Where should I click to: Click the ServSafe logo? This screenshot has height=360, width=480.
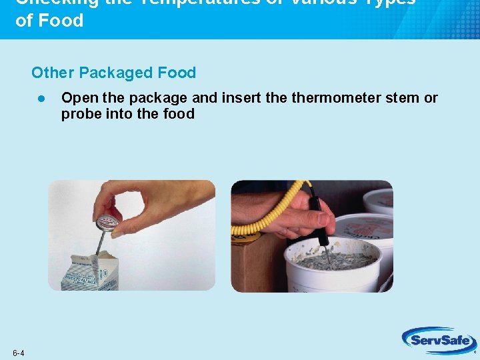coord(439,341)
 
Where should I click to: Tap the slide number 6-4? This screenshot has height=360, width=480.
coord(18,353)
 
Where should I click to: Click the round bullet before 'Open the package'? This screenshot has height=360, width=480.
coord(41,98)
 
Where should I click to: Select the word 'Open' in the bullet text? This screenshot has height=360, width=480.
coord(79,98)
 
